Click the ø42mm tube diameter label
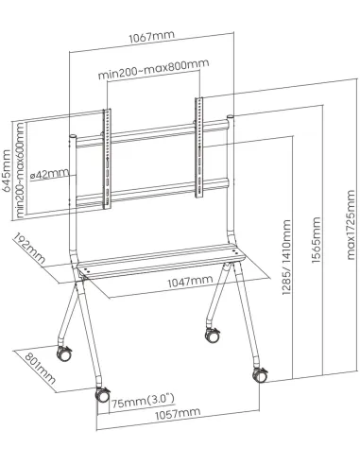click(50, 173)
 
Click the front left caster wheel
click(98, 397)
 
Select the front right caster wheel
click(258, 373)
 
